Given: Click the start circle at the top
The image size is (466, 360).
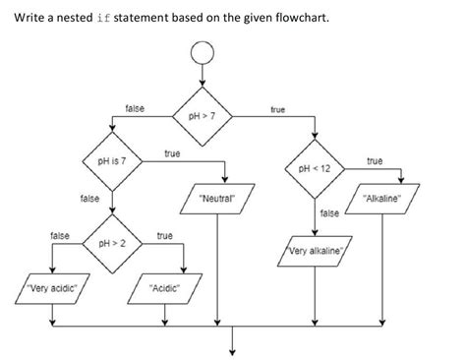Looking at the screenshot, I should (202, 54).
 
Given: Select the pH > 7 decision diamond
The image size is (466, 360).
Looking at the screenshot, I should (202, 116).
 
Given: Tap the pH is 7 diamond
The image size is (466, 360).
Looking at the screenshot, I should (111, 159).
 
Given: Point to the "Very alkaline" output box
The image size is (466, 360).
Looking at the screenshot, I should (316, 252).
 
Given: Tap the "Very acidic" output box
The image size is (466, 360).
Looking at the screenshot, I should (43, 289).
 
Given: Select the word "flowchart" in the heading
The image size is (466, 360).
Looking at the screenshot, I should (302, 18).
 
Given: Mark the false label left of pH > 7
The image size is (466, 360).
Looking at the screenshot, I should (135, 106).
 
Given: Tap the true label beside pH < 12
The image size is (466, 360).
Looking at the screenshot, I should (375, 160).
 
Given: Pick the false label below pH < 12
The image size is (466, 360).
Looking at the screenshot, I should (330, 212).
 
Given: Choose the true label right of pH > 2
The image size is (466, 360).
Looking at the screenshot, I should (164, 236).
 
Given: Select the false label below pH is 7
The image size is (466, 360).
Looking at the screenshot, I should (88, 199).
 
